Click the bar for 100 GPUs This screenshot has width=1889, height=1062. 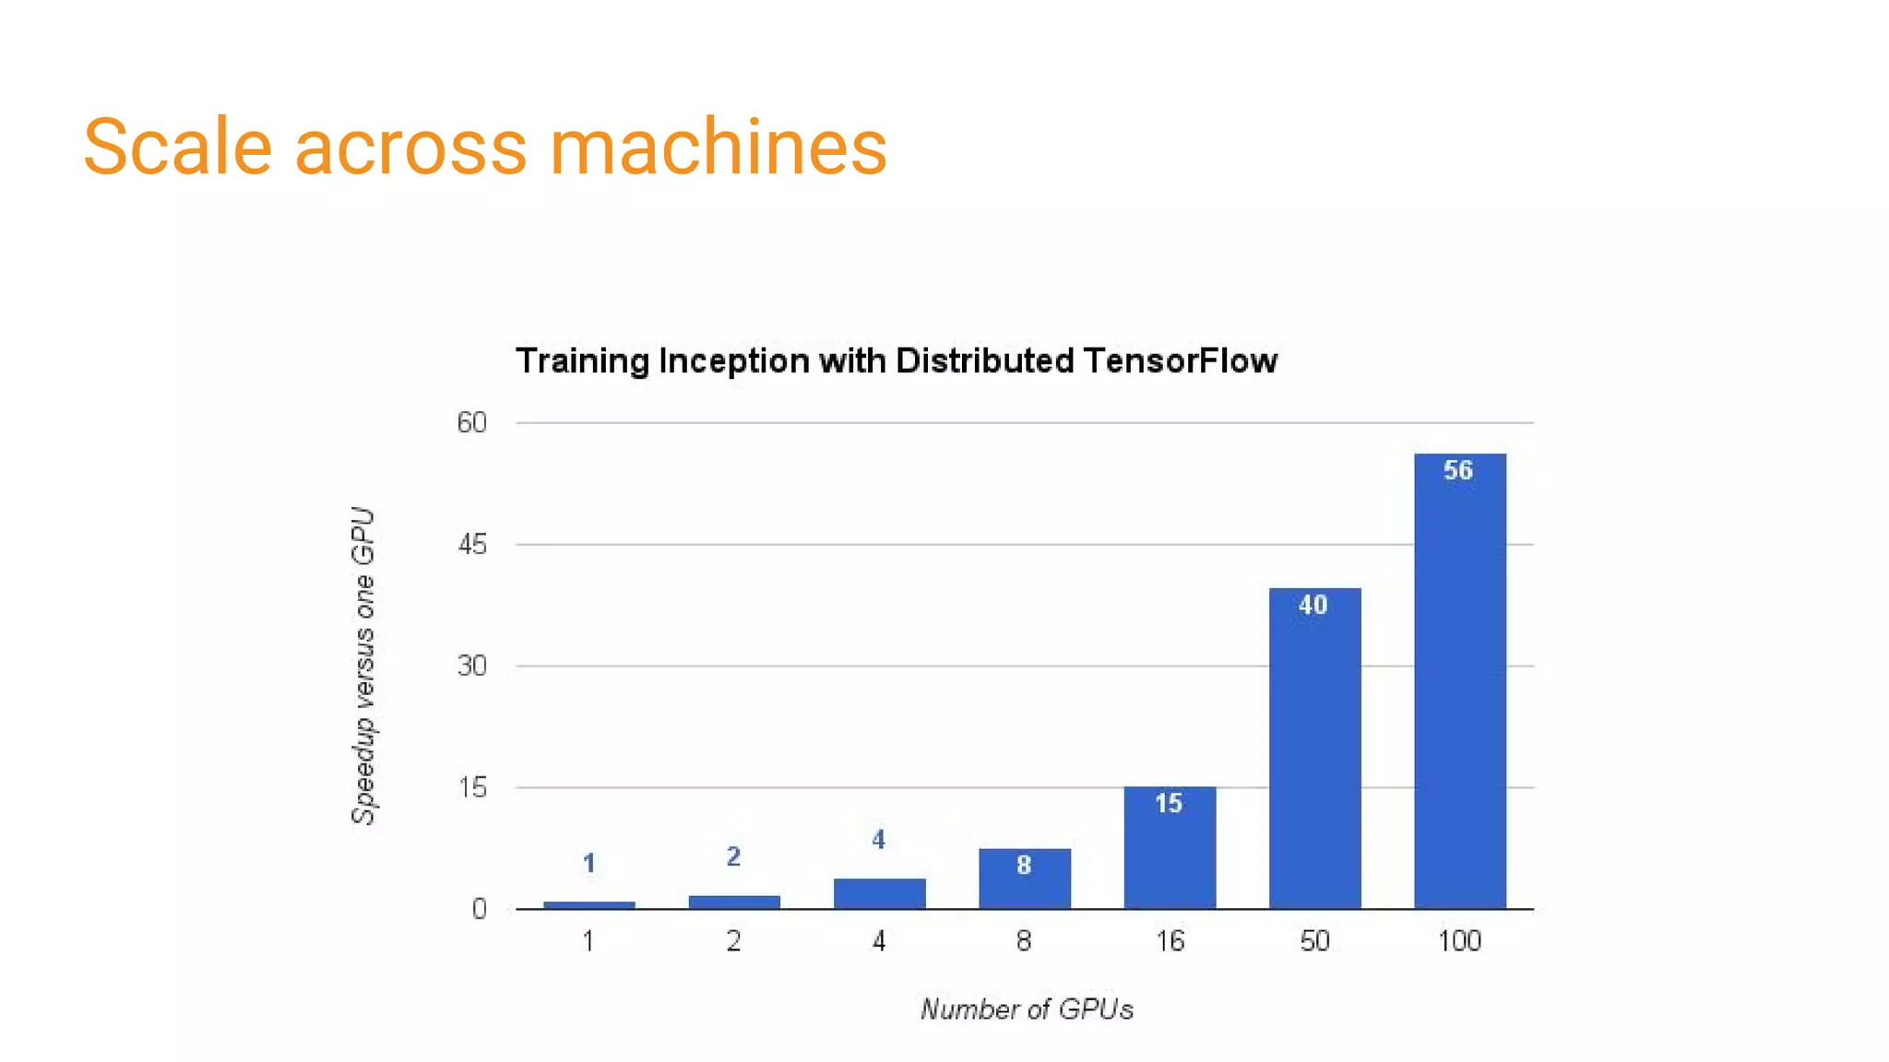tap(1459, 682)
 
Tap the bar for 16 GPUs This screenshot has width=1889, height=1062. tap(1170, 848)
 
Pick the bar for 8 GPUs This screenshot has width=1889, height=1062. tap(1024, 879)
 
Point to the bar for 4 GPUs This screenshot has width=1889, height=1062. tap(879, 893)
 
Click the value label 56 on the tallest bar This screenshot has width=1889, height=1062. tap(1458, 470)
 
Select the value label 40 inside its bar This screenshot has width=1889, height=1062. tap(1313, 605)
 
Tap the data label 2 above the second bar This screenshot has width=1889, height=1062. tap(733, 856)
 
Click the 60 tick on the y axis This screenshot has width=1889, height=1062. tap(471, 422)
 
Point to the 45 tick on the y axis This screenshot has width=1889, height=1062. tap(471, 545)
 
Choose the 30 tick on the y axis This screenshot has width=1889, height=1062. tap(471, 666)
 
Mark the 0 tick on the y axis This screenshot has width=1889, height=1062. tap(479, 909)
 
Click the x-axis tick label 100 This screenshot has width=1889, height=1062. tap(1459, 941)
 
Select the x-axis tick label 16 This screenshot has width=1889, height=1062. tap(1170, 941)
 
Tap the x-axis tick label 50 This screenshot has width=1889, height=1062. tap(1314, 941)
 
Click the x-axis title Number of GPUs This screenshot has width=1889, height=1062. tap(1027, 1009)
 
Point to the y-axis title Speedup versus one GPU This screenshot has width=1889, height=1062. tap(363, 666)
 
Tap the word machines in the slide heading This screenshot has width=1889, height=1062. tap(718, 147)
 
